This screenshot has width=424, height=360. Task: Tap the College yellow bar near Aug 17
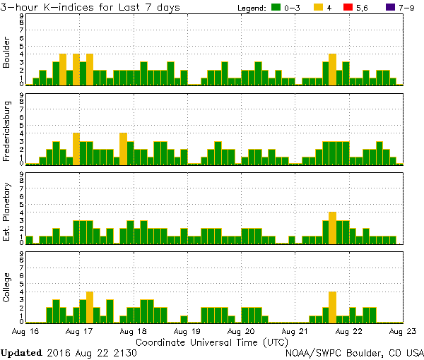(x=90, y=307)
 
